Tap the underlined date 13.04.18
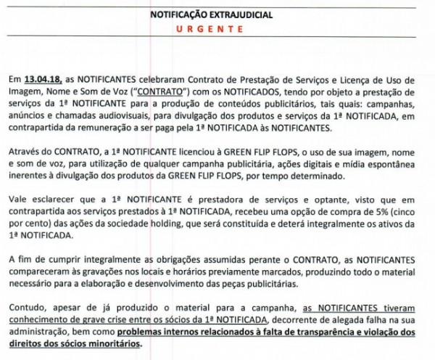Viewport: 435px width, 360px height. (43, 79)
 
